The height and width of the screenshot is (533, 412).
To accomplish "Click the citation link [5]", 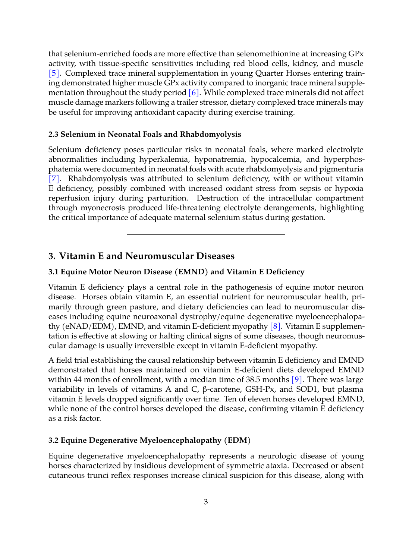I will [54, 73].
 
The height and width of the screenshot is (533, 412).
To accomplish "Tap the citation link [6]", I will [194, 92].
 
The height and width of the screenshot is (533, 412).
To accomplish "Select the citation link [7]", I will [54, 179].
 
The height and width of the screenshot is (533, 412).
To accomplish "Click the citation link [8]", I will [275, 326].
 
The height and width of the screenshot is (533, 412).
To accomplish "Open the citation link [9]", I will [297, 379].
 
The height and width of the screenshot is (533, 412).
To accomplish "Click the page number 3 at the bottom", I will [206, 502].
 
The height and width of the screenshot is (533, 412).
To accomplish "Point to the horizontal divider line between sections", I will [206, 234].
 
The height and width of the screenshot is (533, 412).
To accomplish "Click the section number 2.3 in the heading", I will [53, 134].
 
